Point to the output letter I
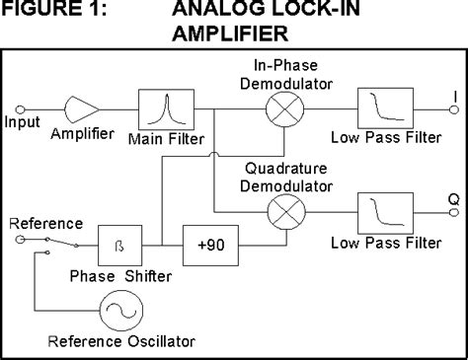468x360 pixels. tap(451, 95)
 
